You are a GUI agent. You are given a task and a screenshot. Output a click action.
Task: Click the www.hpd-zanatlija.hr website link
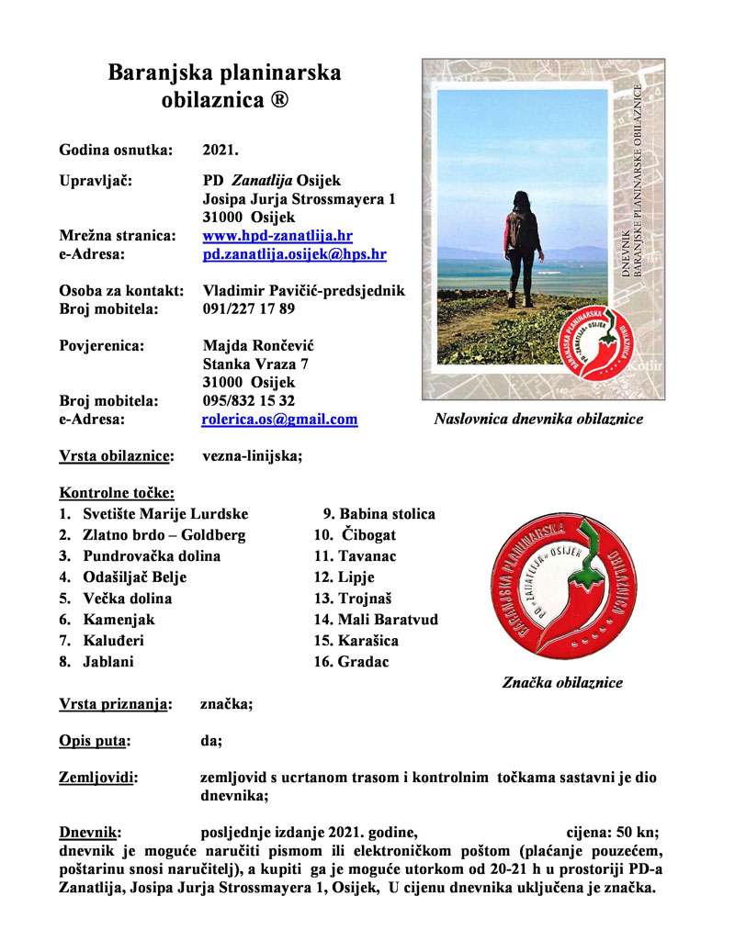277,236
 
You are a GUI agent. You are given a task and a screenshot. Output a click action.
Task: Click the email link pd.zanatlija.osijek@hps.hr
294,254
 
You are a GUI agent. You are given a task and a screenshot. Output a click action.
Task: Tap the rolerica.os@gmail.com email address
279,420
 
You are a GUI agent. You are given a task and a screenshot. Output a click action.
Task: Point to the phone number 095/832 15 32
248,401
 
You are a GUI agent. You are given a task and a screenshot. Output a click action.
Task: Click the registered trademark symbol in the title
279,97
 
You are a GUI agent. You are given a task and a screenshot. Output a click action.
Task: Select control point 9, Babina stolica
378,514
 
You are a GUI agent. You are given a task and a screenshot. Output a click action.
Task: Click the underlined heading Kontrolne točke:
117,493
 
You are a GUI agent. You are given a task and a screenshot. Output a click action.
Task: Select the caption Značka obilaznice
562,683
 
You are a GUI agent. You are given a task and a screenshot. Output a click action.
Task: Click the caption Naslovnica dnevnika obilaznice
538,420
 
